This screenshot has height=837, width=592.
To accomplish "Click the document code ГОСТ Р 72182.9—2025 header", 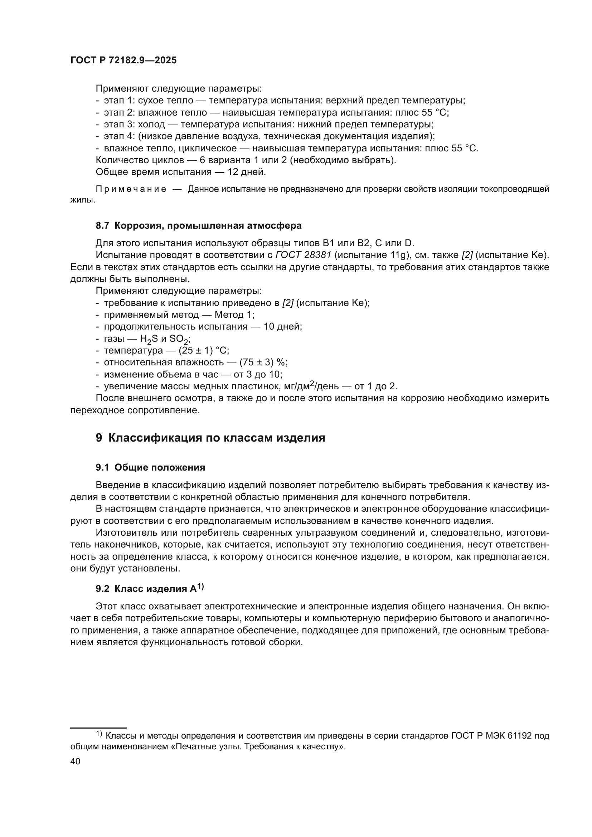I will click(x=123, y=60).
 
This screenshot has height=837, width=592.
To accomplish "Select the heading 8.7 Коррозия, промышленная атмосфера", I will click(x=199, y=226).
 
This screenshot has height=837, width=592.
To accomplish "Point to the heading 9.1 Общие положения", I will click(x=150, y=468).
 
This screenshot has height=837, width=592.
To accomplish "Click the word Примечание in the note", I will click(x=131, y=189).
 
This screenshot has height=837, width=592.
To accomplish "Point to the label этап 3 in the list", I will click(x=120, y=124).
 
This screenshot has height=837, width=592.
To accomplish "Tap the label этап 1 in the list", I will click(x=120, y=101).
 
